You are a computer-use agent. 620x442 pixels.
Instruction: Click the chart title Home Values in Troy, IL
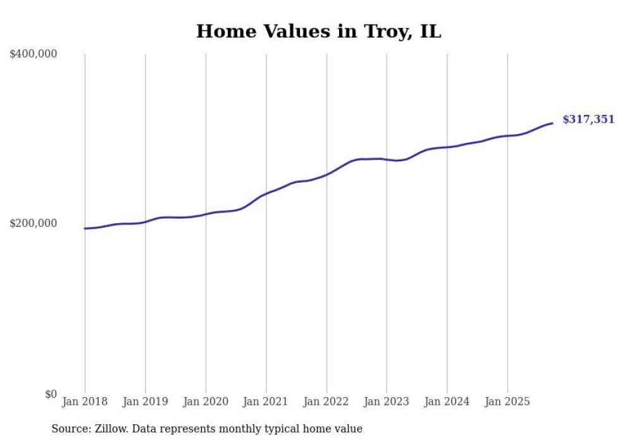coord(318,31)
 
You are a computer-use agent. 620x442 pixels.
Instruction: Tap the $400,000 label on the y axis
coord(34,54)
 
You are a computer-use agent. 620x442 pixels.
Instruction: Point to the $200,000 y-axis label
coord(34,223)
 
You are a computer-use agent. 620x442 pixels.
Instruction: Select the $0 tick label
coord(51,394)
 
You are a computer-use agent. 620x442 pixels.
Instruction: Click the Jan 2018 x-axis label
coord(85,402)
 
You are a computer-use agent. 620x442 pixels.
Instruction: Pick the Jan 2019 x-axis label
coord(146,402)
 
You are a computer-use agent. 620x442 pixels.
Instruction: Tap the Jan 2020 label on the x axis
coord(206,402)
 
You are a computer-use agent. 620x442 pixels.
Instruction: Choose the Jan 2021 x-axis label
coord(266,402)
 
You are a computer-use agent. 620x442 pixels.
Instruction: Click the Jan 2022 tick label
coord(326,402)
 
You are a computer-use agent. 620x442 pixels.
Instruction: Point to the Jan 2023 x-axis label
coord(387,402)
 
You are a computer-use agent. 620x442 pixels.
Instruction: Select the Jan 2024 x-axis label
coord(447,402)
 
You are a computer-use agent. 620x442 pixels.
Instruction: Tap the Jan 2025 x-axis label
coord(507,402)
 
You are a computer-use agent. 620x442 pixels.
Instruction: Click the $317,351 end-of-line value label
coord(588,120)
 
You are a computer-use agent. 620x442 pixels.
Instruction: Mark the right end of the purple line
coord(552,123)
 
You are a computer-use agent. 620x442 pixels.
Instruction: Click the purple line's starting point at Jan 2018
coord(85,228)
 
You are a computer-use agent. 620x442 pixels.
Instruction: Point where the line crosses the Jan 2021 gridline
coord(266,193)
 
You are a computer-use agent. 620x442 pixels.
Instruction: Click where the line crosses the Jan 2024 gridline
coord(447,147)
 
